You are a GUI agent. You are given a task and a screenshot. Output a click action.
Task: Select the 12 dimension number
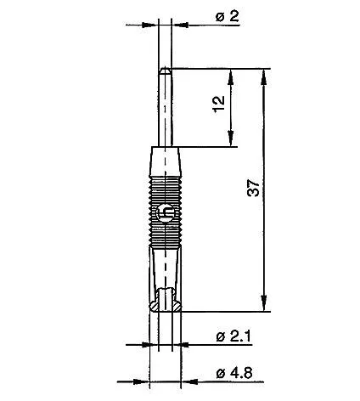point(220,107)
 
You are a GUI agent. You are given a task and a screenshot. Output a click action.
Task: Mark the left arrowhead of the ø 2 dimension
point(154,25)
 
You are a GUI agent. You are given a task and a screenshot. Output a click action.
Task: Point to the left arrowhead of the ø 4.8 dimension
point(143,378)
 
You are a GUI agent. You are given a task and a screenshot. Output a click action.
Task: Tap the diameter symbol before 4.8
point(220,373)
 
